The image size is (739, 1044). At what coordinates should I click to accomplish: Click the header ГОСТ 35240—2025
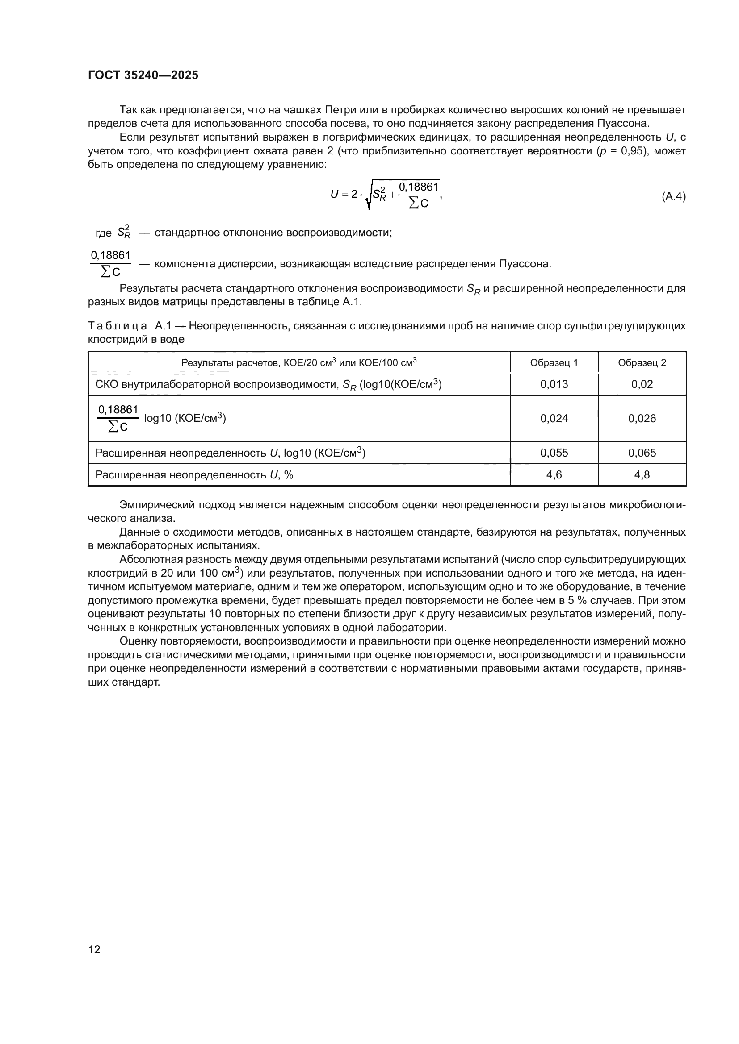pyautogui.click(x=143, y=75)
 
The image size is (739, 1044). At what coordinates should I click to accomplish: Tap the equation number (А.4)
pyautogui.click(x=673, y=196)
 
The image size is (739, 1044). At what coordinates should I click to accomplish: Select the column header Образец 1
pyautogui.click(x=554, y=362)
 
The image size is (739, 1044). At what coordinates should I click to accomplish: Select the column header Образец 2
pyautogui.click(x=642, y=362)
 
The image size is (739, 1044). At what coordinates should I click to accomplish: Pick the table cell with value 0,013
pyautogui.click(x=554, y=384)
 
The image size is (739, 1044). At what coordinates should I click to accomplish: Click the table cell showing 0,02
pyautogui.click(x=642, y=384)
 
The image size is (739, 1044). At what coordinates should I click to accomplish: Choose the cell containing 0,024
pyautogui.click(x=554, y=418)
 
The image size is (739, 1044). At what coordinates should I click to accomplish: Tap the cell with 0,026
pyautogui.click(x=642, y=418)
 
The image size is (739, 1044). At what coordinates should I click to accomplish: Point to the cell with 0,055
pyautogui.click(x=554, y=453)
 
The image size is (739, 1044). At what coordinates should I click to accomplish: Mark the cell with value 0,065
pyautogui.click(x=642, y=453)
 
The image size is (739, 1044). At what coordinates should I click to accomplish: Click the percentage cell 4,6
pyautogui.click(x=554, y=475)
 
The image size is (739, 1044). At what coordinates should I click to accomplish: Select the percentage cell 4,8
pyautogui.click(x=642, y=475)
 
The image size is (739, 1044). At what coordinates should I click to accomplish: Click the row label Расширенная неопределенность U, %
pyautogui.click(x=194, y=475)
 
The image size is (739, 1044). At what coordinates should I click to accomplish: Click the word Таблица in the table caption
pyautogui.click(x=118, y=326)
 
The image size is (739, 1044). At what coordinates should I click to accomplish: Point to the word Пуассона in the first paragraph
pyautogui.click(x=626, y=123)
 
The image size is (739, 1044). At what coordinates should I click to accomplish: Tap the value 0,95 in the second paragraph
pyautogui.click(x=631, y=150)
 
